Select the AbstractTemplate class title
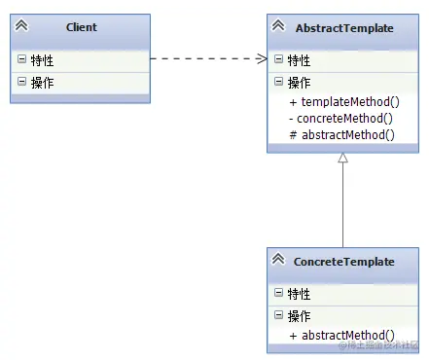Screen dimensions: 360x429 344,28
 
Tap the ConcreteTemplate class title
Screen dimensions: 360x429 344,262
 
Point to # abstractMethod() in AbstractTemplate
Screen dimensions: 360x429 341,135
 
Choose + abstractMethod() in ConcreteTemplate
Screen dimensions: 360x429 341,335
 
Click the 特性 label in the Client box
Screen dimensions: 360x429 43,61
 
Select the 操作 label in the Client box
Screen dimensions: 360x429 43,83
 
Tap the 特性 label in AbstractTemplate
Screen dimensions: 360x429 300,60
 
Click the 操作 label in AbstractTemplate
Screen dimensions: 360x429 300,83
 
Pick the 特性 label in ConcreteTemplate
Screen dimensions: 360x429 300,293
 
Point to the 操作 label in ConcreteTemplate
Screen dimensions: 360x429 300,315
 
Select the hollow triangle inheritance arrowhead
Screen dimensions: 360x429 343,159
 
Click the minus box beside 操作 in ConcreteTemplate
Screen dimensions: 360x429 279,315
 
